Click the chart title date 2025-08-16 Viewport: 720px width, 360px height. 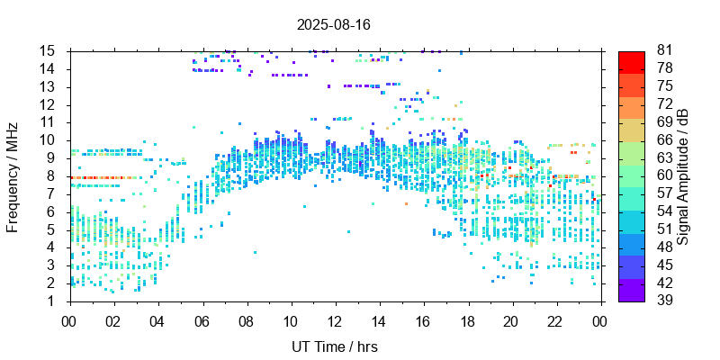(x=333, y=24)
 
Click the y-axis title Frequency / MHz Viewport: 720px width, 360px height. (x=13, y=175)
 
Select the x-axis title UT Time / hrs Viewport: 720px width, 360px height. (x=335, y=346)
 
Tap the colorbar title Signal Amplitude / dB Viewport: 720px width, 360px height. (x=683, y=175)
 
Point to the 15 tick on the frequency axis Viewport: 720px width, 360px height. (x=49, y=51)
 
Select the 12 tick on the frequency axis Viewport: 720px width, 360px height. (x=49, y=104)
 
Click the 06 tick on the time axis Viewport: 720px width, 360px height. (x=202, y=319)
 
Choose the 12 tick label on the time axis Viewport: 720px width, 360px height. (x=335, y=319)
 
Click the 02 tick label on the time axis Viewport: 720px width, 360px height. (x=113, y=319)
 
